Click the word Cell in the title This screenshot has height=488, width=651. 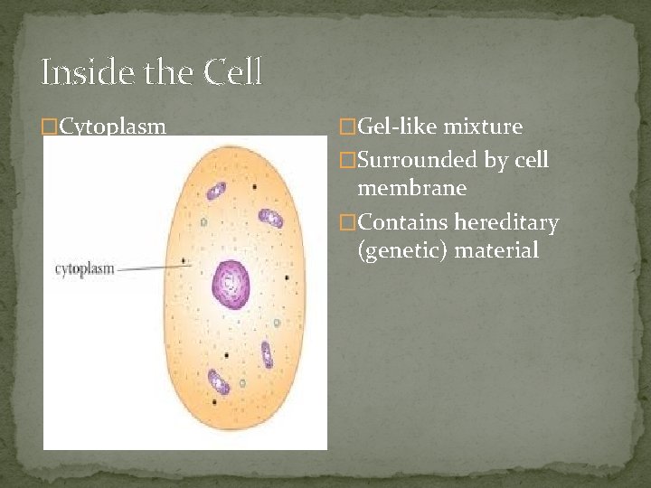click(232, 72)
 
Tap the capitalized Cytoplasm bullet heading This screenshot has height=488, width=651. click(112, 127)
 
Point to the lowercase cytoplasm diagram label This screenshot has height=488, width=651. click(85, 269)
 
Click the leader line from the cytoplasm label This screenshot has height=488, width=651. click(149, 267)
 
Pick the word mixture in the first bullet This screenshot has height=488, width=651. click(488, 127)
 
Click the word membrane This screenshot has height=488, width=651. click(412, 188)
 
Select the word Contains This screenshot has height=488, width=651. click(403, 222)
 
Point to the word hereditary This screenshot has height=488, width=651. click(506, 222)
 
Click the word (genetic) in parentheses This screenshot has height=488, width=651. click(403, 249)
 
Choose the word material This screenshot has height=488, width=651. click(496, 249)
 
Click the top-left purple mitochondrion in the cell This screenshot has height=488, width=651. click(215, 191)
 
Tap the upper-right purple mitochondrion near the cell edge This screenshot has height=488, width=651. click(270, 218)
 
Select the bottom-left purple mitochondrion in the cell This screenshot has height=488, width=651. click(218, 382)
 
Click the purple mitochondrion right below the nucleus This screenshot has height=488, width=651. click(267, 353)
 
